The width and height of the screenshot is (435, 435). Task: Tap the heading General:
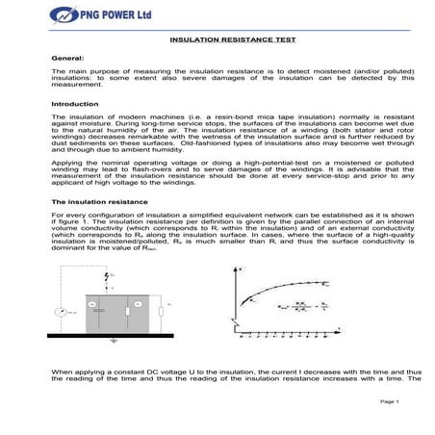66,59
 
